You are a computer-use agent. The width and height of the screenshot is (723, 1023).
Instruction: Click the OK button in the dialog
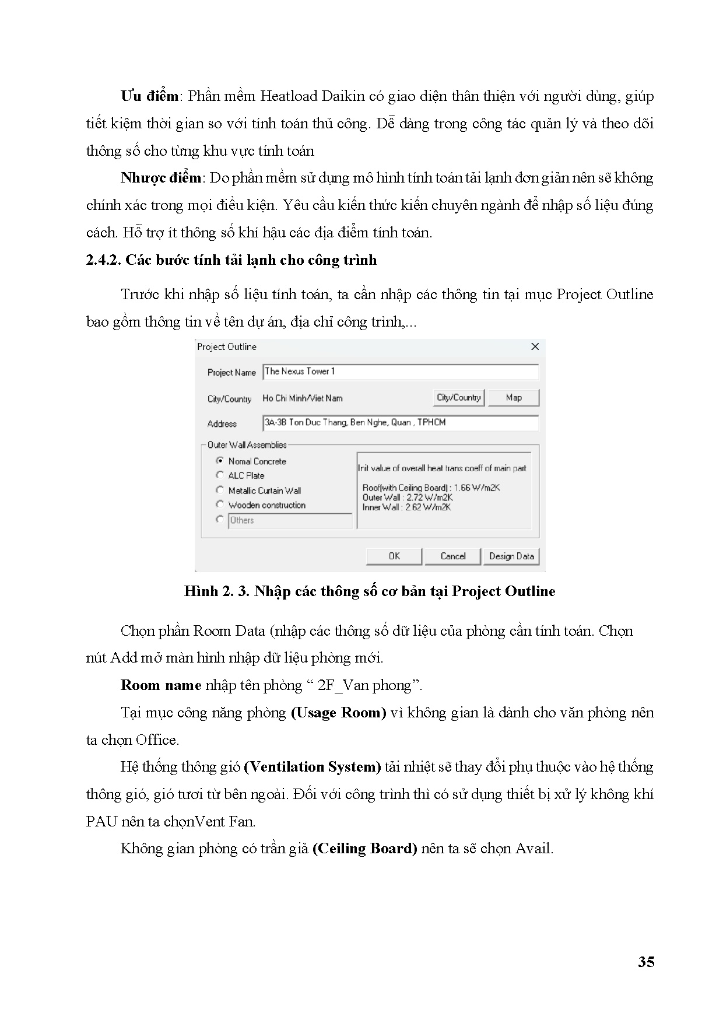394,556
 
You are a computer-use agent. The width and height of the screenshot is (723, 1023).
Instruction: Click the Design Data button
511,556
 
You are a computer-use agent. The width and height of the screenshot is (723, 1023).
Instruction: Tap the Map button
514,398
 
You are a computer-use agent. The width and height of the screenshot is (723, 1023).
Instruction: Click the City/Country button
459,398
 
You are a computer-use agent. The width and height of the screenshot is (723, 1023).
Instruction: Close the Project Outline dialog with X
535,347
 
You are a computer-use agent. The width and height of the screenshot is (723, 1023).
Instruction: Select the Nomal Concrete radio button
220,461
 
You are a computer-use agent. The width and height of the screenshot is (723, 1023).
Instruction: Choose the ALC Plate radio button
220,475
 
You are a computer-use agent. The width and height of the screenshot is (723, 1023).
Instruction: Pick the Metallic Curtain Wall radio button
220,490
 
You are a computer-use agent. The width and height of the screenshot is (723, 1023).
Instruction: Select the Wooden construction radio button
220,505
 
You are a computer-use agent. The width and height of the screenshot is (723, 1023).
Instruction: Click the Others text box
290,520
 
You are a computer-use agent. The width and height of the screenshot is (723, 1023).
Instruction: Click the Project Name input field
401,372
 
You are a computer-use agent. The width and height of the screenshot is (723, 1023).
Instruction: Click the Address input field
401,423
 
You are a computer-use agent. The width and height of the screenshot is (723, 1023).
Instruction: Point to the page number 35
646,962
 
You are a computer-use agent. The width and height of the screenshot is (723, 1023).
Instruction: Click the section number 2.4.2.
103,260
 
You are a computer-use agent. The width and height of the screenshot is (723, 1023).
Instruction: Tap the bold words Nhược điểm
161,178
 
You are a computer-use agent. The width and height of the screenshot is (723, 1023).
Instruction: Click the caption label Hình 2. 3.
216,591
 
